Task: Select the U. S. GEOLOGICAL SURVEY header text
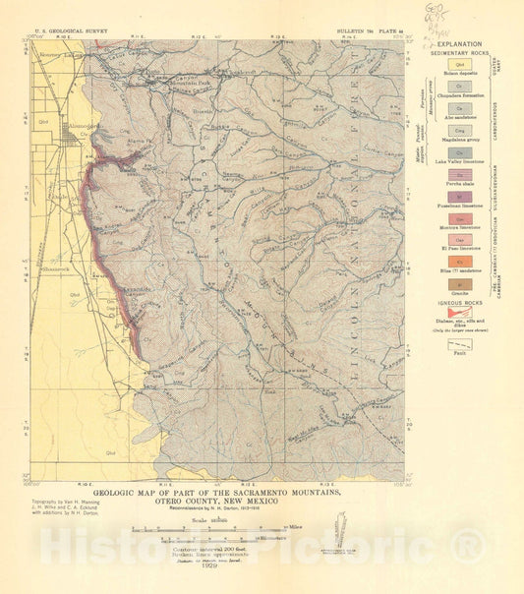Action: [68, 32]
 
